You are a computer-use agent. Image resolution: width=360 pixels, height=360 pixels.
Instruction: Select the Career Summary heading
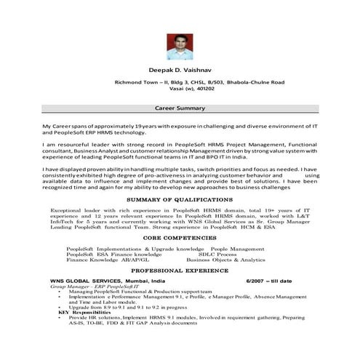(179, 107)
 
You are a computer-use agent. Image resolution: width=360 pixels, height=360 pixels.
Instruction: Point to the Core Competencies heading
(179, 237)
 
